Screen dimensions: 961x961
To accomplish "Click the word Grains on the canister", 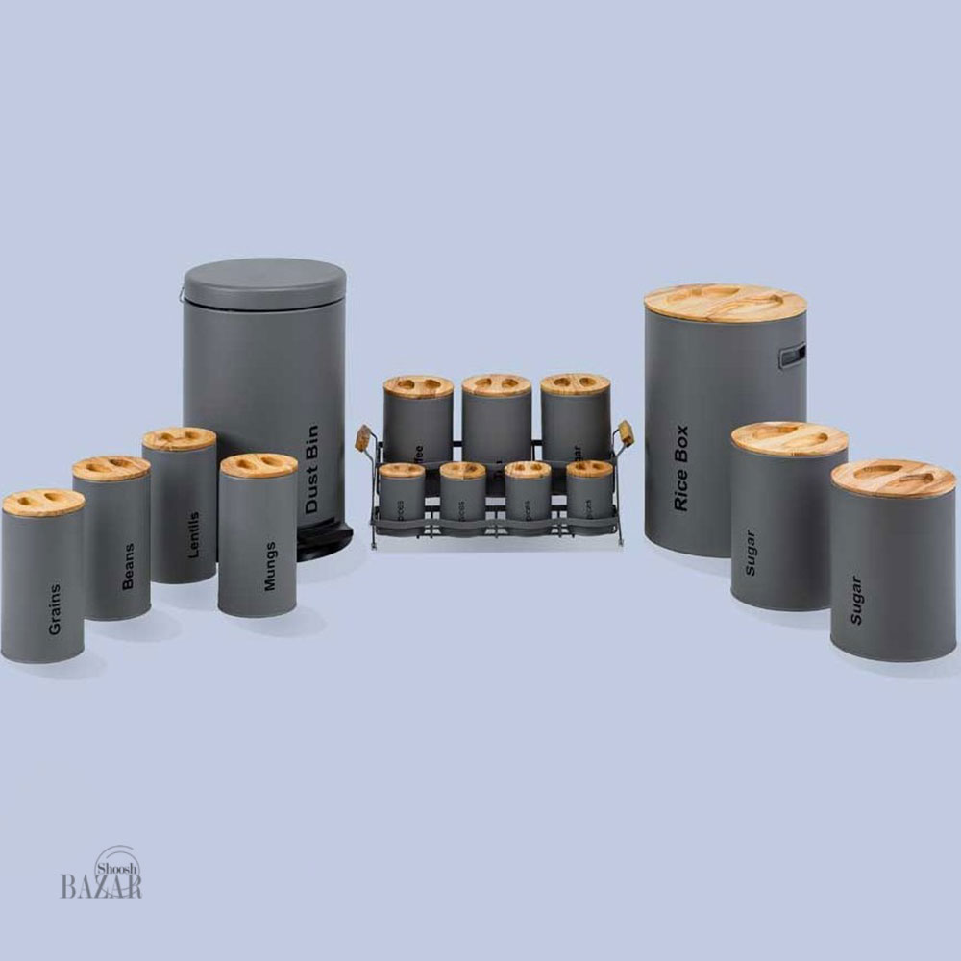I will point(54,609).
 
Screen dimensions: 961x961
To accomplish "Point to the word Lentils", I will point(195,534).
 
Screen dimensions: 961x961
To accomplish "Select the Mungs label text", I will point(270,566).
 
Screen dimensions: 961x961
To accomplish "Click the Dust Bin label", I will point(311,468).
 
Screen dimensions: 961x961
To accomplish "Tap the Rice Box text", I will point(681,467).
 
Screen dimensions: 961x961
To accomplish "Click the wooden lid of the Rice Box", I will point(725,303).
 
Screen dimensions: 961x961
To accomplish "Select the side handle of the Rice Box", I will point(792,356).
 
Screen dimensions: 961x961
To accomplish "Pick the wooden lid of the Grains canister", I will point(43,503).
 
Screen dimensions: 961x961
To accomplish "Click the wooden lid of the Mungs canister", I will point(259,466).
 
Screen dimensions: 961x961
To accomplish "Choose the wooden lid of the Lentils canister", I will point(180,439).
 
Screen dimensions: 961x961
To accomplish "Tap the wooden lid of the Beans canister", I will point(111,468).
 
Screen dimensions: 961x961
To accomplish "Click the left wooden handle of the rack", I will point(363,438).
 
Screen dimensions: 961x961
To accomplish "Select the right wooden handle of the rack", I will point(626,433).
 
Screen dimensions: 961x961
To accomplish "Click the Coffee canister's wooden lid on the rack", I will point(418,386).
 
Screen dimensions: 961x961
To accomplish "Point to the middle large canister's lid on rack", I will point(496,385).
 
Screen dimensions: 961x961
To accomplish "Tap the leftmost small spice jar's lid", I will point(402,470).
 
